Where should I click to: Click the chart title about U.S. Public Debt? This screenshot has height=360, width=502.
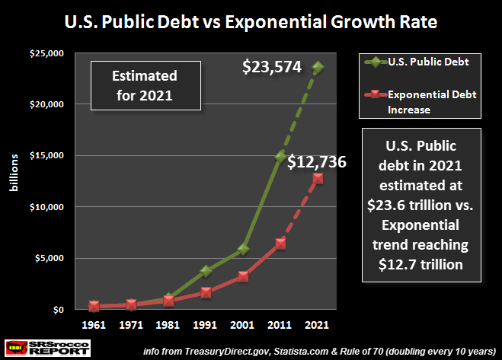(x=250, y=20)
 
